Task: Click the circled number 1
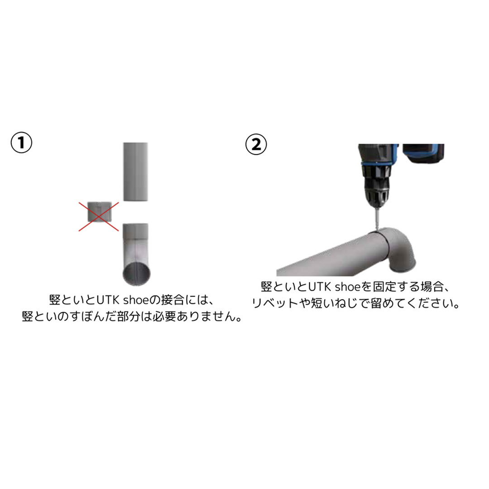(x=22, y=143)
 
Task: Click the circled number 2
(x=256, y=144)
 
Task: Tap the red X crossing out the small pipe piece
(x=99, y=216)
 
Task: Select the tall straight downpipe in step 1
(x=135, y=172)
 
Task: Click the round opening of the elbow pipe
(x=137, y=273)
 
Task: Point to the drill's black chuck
(x=376, y=184)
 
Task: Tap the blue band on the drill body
(x=377, y=163)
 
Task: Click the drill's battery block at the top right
(x=423, y=153)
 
